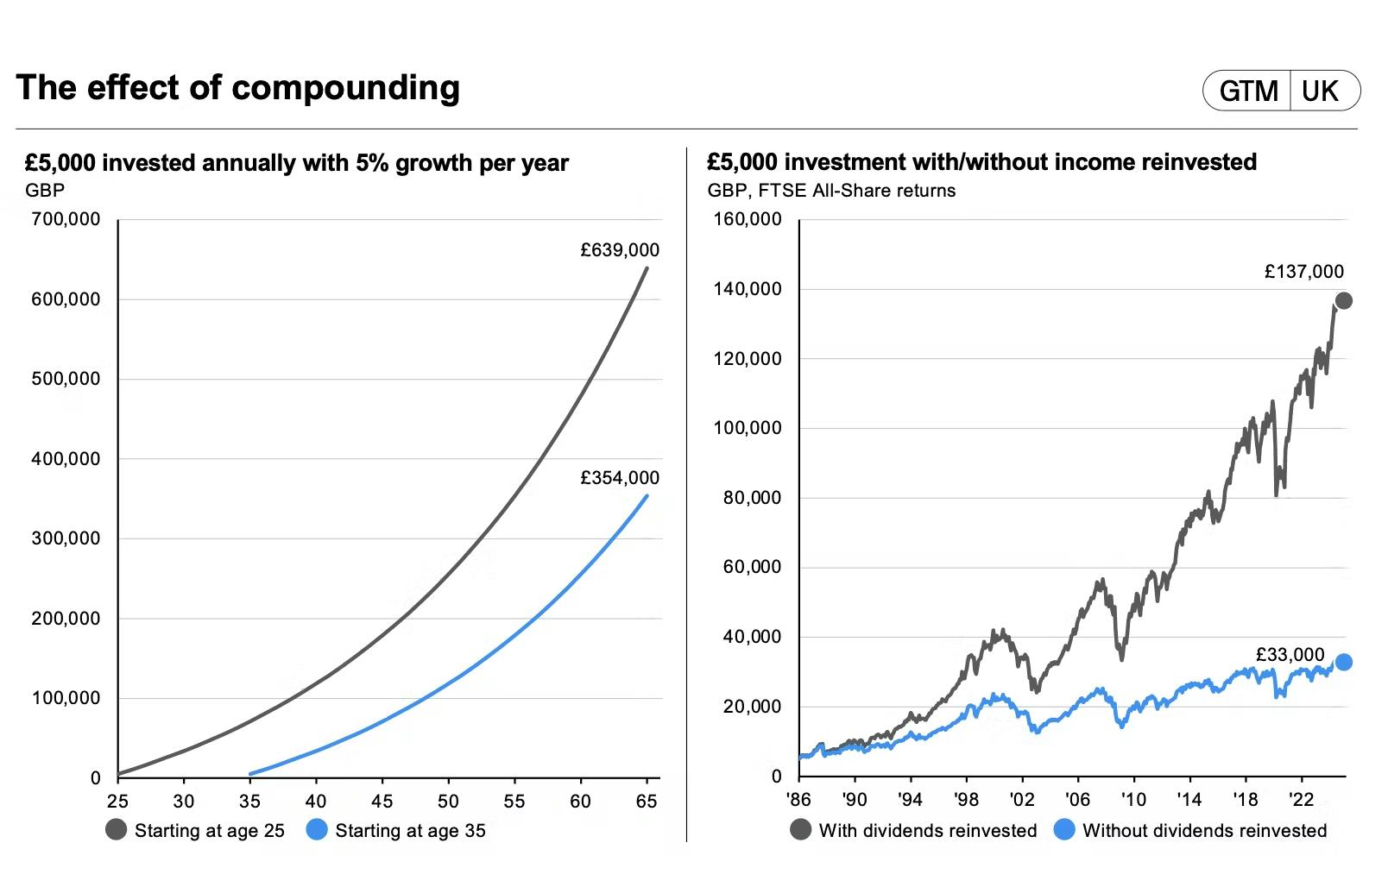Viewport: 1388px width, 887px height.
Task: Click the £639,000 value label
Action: click(620, 250)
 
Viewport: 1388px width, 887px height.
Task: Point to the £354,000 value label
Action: click(620, 478)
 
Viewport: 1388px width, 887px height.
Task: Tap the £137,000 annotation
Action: click(1303, 272)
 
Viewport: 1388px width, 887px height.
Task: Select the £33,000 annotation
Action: click(1290, 655)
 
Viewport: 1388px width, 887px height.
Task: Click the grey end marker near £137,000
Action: click(1343, 301)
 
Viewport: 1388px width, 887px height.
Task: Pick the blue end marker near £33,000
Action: click(1343, 663)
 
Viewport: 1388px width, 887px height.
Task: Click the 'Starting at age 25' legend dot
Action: click(116, 830)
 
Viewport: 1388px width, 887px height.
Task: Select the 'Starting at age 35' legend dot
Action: click(317, 830)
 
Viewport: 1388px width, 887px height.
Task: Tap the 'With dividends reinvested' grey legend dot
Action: click(800, 830)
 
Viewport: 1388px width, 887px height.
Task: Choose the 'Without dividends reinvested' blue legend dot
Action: click(1064, 830)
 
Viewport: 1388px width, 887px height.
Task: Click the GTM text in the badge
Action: click(1248, 91)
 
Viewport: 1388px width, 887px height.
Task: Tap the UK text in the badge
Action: click(1320, 91)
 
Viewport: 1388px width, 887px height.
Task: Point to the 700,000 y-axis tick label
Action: click(66, 219)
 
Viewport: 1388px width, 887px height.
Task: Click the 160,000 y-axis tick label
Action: click(748, 219)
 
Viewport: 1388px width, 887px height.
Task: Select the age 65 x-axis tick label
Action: click(647, 802)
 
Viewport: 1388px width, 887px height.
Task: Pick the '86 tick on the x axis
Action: click(799, 800)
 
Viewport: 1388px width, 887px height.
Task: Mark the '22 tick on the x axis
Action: click(1300, 800)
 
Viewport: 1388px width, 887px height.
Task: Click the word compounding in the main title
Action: click(345, 88)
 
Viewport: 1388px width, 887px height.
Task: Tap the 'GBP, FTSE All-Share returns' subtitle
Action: click(831, 191)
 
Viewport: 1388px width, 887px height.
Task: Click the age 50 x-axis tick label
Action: click(448, 802)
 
